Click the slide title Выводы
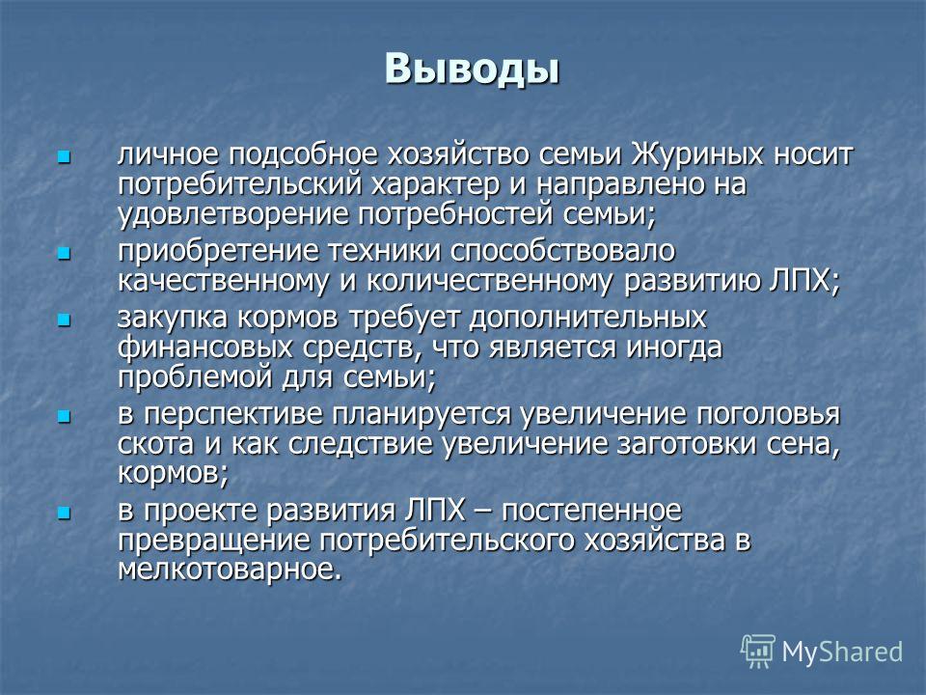472,69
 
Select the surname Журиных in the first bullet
696,154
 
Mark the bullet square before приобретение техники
64,254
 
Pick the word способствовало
562,252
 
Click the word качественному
223,281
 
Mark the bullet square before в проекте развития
64,513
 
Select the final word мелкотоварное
230,570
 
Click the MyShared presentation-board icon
758,651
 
